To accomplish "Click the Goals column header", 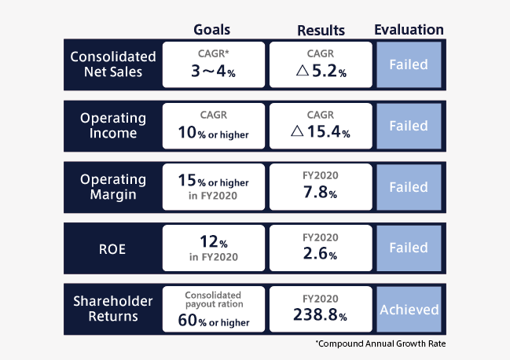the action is click(x=211, y=30).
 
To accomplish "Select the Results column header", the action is click(x=321, y=31).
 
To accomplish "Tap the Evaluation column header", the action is click(x=409, y=30).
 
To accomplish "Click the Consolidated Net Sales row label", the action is click(x=113, y=64).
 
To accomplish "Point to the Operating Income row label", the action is click(x=113, y=126).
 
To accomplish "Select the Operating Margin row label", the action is click(x=113, y=187).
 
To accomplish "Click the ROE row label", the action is click(x=112, y=249).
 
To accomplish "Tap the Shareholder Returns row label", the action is click(x=113, y=309).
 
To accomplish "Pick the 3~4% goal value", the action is click(x=213, y=71).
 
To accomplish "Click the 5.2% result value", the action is click(x=328, y=71).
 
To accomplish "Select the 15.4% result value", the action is click(x=328, y=132).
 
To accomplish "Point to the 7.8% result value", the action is click(x=320, y=192).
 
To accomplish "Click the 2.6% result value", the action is click(x=320, y=253).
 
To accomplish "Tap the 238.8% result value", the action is click(x=320, y=314).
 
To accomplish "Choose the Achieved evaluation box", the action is click(x=409, y=309).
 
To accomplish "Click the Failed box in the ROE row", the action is click(x=409, y=248).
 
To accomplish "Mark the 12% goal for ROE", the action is click(x=214, y=241).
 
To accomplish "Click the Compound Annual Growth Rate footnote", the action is click(x=380, y=343).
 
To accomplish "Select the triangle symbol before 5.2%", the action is click(x=303, y=70).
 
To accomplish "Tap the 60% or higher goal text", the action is click(x=214, y=321).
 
